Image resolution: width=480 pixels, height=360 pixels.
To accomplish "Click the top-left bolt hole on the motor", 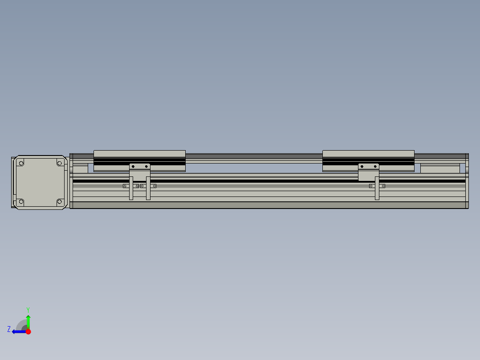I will click(x=20, y=163).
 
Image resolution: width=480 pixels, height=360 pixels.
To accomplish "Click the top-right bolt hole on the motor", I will click(x=59, y=163).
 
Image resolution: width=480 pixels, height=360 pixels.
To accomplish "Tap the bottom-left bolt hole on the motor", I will click(x=20, y=202).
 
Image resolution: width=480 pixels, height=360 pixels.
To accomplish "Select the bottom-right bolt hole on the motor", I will click(x=59, y=202).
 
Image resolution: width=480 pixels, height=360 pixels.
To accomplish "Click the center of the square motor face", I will click(x=40, y=182).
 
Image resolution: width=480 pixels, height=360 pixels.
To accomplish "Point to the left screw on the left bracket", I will click(x=133, y=167).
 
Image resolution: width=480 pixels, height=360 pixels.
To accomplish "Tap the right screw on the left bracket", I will click(x=146, y=167).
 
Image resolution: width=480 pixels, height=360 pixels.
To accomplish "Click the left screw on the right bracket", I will click(x=362, y=167).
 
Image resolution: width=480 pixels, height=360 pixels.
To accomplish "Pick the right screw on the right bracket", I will click(x=375, y=167).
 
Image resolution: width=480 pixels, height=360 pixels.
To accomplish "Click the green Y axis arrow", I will click(x=28, y=321).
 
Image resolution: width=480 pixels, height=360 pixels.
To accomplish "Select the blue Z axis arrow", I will click(x=18, y=331).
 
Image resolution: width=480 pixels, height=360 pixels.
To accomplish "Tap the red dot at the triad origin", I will click(x=28, y=331).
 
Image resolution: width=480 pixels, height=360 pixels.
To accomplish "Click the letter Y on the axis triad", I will click(x=28, y=309).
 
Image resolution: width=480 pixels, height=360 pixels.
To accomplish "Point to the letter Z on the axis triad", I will click(x=9, y=329).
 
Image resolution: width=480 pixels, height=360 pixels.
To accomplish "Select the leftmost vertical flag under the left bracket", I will click(x=131, y=190).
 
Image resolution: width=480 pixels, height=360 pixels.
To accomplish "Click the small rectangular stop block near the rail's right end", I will click(x=440, y=169).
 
